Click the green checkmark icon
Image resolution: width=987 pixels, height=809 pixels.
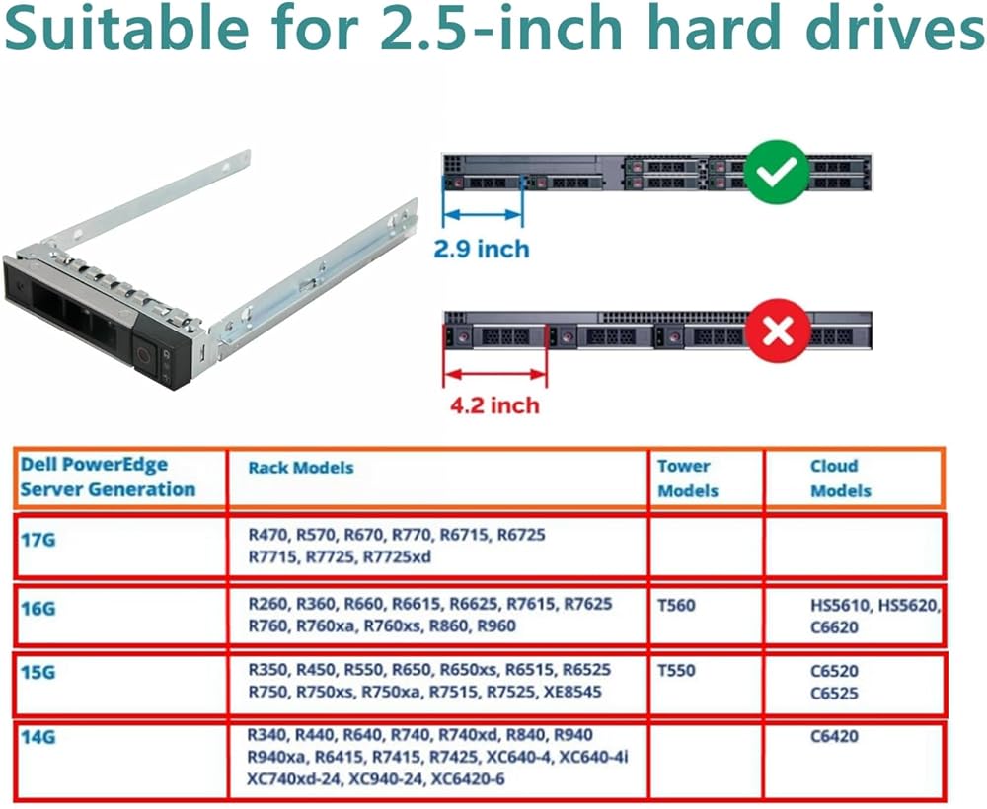[x=777, y=172]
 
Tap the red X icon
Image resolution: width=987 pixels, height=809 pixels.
[x=778, y=331]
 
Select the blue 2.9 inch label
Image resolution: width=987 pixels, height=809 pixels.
[x=482, y=250]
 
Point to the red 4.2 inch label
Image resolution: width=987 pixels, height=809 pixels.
[x=494, y=405]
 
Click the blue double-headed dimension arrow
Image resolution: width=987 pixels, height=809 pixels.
[x=483, y=215]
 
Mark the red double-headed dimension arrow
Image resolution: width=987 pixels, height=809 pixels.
[x=495, y=375]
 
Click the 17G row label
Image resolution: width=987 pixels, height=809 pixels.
[x=38, y=540]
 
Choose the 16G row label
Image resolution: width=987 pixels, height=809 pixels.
[x=38, y=609]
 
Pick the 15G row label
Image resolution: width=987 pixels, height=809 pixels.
[x=38, y=673]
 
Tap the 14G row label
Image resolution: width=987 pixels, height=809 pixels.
[x=38, y=737]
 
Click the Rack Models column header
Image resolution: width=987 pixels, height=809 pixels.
[x=301, y=468]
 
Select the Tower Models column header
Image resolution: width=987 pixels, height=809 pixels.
[x=687, y=478]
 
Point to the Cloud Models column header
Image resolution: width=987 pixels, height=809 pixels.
[x=840, y=478]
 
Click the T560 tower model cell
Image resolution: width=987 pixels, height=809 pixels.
[x=676, y=605]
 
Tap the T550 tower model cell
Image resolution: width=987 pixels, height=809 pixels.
[x=676, y=670]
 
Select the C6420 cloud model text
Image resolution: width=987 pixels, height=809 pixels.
[x=835, y=736]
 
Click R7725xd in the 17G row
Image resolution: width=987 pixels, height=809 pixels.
[x=397, y=556]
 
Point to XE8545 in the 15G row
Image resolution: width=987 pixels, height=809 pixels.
[x=572, y=692]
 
